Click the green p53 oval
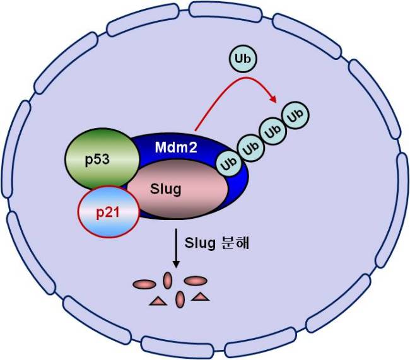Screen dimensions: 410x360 (x=102, y=159)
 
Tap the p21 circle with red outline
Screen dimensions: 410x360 (x=108, y=212)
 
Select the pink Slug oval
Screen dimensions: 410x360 (x=178, y=189)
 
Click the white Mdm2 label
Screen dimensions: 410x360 (x=176, y=147)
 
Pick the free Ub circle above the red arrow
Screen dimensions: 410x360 (x=243, y=59)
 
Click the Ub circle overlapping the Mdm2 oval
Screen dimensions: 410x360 (x=230, y=164)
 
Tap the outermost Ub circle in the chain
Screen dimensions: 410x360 (x=295, y=115)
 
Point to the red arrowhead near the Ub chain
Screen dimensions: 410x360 (x=273, y=100)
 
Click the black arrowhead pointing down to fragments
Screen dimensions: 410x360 (x=176, y=264)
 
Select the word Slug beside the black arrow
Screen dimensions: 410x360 (x=200, y=243)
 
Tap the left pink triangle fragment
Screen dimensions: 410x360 (x=158, y=301)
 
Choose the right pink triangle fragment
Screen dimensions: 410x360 (x=201, y=296)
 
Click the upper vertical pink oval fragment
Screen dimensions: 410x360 (x=167, y=281)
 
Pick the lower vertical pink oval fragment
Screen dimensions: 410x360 (x=180, y=299)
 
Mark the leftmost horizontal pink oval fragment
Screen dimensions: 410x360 (x=144, y=284)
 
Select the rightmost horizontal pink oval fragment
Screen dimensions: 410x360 (x=196, y=281)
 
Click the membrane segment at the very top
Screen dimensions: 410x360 (x=225, y=12)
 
